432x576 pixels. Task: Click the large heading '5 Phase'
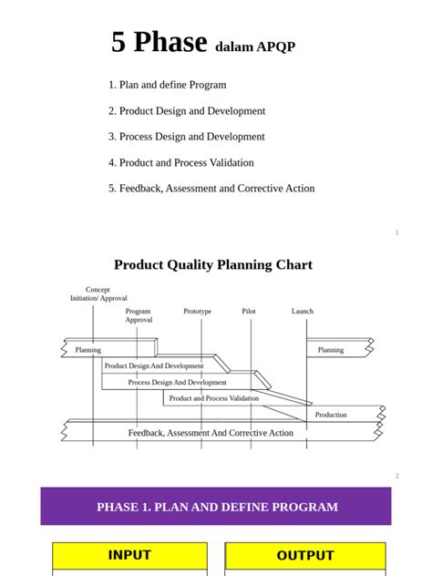pyautogui.click(x=159, y=42)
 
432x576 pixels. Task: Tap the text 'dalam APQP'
pyautogui.click(x=255, y=46)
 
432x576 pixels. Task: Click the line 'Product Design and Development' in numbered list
pyautogui.click(x=191, y=111)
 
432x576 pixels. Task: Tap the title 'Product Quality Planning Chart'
pyautogui.click(x=213, y=264)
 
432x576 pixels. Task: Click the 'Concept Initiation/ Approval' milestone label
pyautogui.click(x=98, y=293)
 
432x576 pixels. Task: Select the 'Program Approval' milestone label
pyautogui.click(x=139, y=315)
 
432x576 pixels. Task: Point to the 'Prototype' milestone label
pyautogui.click(x=197, y=312)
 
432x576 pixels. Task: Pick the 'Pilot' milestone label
pyautogui.click(x=249, y=312)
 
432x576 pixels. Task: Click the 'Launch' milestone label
pyautogui.click(x=303, y=312)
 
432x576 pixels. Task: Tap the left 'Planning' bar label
pyautogui.click(x=88, y=350)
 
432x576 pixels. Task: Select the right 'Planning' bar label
pyautogui.click(x=331, y=350)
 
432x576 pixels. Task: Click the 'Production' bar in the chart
pyautogui.click(x=331, y=415)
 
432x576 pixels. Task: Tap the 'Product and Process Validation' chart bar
pyautogui.click(x=214, y=398)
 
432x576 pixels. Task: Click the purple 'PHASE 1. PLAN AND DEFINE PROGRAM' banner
pyautogui.click(x=216, y=507)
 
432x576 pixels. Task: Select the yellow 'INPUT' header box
pyautogui.click(x=129, y=555)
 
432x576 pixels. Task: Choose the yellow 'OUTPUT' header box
pyautogui.click(x=305, y=555)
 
